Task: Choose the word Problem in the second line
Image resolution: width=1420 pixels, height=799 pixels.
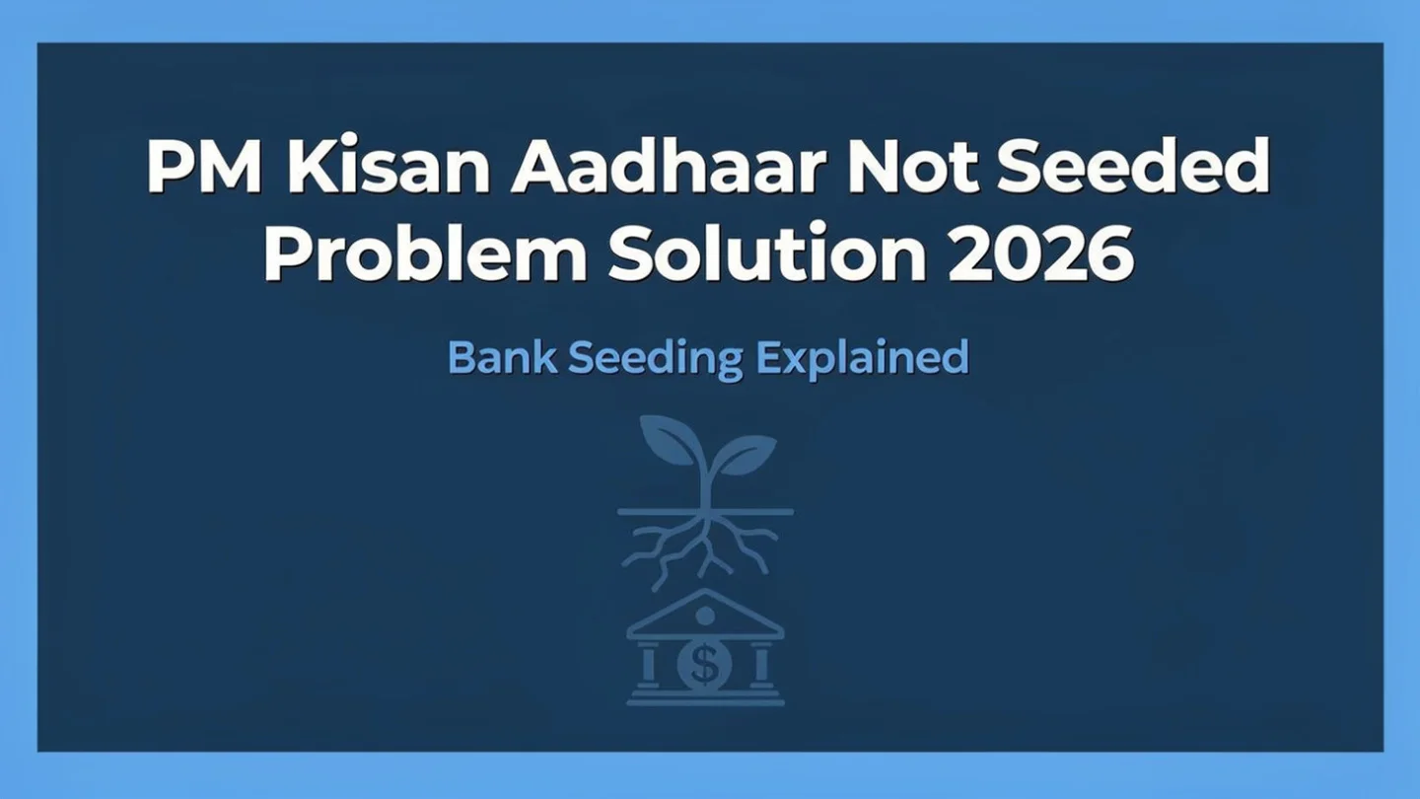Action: pos(425,254)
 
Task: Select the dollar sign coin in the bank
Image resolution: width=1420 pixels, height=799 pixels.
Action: pos(704,664)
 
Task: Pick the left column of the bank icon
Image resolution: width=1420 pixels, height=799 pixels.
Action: pos(648,664)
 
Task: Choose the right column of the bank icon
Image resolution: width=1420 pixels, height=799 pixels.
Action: pos(760,664)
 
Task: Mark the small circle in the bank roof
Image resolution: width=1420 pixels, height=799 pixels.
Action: pos(704,616)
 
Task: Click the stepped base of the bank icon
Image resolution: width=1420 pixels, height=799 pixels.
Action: pos(705,696)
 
